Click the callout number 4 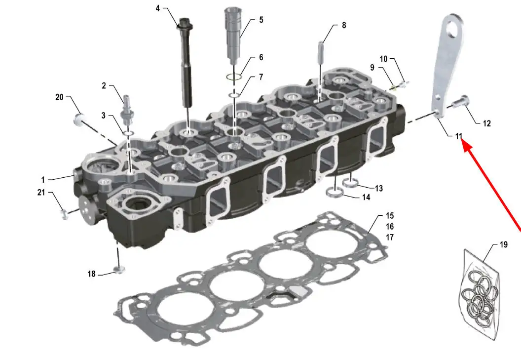(x=157, y=8)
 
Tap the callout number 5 (x=261, y=20)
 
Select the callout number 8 (x=344, y=25)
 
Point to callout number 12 (x=487, y=123)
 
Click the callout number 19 (x=504, y=244)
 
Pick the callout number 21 (x=41, y=192)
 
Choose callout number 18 (x=91, y=274)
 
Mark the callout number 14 (x=366, y=198)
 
